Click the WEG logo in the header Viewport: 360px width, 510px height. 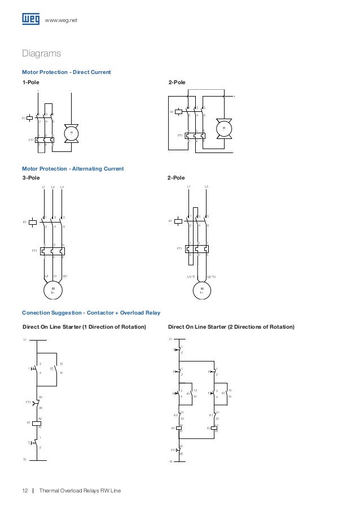click(31, 20)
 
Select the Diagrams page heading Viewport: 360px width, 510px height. click(41, 54)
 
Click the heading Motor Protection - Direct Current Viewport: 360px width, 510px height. click(66, 72)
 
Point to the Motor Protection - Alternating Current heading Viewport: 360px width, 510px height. click(72, 168)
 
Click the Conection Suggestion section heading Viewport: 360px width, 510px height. click(91, 312)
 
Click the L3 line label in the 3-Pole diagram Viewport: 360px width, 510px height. click(62, 186)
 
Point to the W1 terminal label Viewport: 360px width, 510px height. click(65, 276)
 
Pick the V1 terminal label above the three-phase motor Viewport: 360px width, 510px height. click(55, 276)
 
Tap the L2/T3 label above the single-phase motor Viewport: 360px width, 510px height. click(211, 276)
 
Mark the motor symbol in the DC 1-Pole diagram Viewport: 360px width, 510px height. click(71, 132)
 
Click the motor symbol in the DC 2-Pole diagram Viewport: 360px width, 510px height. click(224, 129)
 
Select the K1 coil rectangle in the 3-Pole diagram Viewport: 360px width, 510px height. click(33, 222)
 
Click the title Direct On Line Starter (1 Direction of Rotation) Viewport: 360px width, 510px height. click(84, 327)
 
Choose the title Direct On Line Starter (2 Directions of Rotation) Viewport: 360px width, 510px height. click(231, 327)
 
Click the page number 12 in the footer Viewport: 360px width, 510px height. click(25, 490)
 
